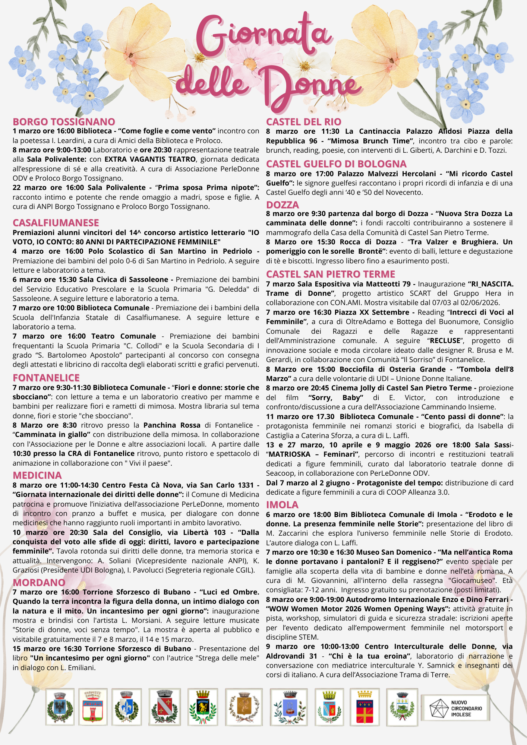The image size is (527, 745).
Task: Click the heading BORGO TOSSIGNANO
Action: (64, 122)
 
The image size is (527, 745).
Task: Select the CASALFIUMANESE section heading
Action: (56, 223)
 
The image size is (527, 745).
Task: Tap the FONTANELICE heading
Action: (46, 378)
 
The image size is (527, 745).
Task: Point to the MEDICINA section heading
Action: (37, 475)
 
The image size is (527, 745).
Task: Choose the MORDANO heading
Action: (39, 582)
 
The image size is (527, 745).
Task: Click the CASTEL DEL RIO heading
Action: (303, 122)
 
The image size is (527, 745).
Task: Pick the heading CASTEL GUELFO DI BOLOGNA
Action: (336, 164)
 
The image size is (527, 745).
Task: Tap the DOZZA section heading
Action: (283, 205)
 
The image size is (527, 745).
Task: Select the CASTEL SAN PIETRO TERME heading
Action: (330, 274)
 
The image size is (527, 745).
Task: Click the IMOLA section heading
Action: (282, 505)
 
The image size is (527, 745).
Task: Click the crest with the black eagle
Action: (60, 707)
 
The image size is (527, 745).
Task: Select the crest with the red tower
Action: (93, 707)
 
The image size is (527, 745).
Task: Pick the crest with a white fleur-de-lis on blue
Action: (127, 707)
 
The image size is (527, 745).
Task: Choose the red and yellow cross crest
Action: (365, 707)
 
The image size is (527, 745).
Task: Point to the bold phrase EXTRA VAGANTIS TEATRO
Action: (150, 159)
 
